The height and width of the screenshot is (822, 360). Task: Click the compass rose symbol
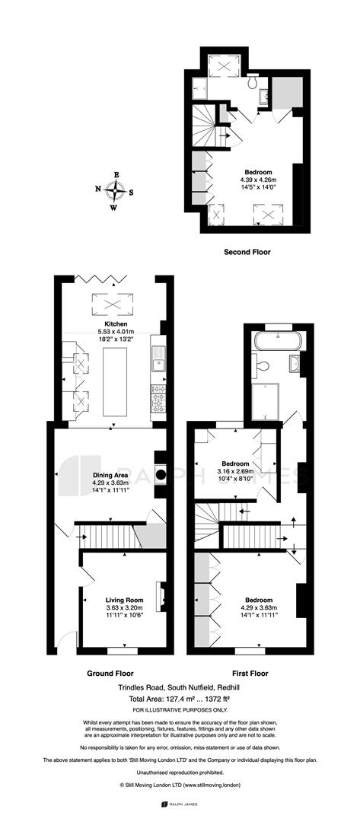114,190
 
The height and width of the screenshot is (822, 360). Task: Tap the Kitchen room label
116,324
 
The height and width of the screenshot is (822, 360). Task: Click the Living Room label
125,601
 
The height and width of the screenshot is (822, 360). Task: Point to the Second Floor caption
247,252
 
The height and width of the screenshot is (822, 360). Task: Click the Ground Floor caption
110,673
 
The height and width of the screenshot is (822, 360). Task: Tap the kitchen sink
158,362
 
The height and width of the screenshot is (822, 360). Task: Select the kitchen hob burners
158,398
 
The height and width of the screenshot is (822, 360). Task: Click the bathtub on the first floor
278,341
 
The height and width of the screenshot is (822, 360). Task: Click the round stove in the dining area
161,475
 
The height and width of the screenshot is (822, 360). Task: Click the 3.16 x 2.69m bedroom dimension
234,471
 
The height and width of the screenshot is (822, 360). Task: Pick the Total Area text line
180,699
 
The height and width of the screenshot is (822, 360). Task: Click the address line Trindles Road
180,688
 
